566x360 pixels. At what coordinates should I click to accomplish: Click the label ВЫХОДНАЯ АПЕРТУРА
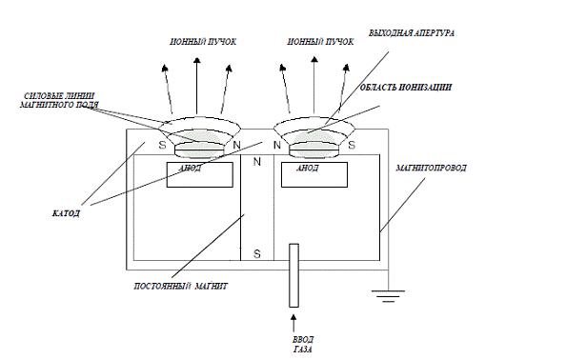tap(411, 33)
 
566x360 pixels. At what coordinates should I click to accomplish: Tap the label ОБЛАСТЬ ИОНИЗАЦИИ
tap(405, 88)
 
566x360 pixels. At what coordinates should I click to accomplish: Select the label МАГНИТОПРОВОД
tap(431, 168)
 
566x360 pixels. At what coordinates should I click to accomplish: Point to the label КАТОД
tap(66, 213)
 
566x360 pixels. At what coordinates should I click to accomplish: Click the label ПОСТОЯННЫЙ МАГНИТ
tap(181, 287)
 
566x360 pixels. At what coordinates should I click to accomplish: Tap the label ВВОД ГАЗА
tap(302, 345)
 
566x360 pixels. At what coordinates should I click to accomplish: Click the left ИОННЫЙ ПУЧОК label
tap(203, 42)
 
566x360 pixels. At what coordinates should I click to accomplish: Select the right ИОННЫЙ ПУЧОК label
tap(320, 42)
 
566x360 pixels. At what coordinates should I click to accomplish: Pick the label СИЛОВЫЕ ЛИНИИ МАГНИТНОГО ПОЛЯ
tap(59, 101)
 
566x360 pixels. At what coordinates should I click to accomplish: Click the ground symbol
tap(389, 296)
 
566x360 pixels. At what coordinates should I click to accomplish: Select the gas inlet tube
tap(293, 275)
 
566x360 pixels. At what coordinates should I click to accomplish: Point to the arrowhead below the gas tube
tap(293, 318)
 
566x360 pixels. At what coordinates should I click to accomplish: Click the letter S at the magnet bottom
tap(257, 254)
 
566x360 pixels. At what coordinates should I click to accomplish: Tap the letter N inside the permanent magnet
tap(257, 162)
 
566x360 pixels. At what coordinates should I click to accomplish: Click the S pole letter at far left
tap(162, 145)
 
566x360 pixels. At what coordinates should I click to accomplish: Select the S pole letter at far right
tap(352, 145)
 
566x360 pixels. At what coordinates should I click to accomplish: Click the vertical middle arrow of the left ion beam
tap(196, 86)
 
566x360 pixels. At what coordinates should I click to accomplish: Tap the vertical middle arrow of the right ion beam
tap(314, 85)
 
